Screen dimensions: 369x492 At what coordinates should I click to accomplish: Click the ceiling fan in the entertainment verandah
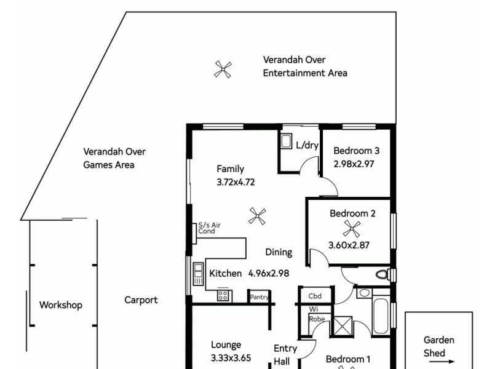pos(223,69)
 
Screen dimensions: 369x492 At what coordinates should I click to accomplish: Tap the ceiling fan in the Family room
pos(257,215)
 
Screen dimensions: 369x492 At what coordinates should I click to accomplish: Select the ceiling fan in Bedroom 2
pos(352,229)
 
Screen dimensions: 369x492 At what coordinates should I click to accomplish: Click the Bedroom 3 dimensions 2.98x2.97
pos(354,164)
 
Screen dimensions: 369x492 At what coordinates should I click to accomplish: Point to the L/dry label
pos(306,146)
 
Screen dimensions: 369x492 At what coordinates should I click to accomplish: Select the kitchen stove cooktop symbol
pos(223,296)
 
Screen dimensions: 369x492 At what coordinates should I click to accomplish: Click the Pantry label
pos(259,297)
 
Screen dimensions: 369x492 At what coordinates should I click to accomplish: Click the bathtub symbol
pos(380,312)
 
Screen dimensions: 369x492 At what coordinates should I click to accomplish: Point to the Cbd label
pos(315,296)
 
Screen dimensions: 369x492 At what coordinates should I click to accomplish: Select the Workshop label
pos(61,305)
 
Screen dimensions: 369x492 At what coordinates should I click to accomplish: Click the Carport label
pos(141,300)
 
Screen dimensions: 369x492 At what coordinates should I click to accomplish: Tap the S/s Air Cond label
pos(209,228)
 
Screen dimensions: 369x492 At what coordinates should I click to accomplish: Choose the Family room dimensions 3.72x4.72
pos(236,182)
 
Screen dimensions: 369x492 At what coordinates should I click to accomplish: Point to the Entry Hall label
pos(285,354)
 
